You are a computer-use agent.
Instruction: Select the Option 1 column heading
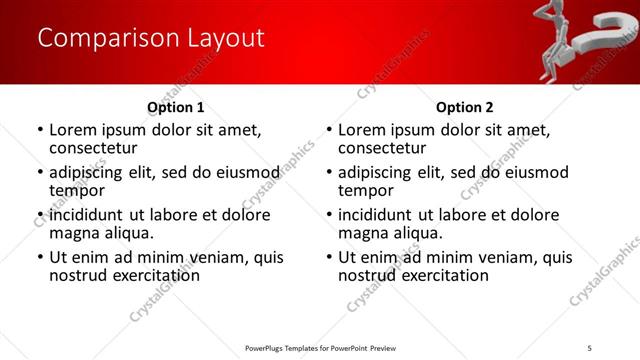point(176,107)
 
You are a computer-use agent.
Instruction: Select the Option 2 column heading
point(464,107)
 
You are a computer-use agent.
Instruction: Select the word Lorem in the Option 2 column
point(362,130)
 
